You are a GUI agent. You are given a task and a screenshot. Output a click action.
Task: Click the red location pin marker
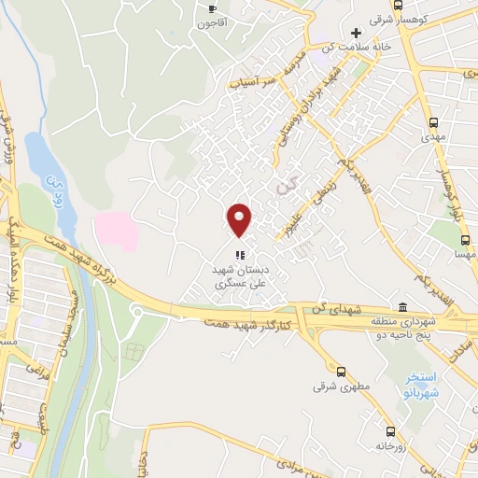click(x=240, y=220)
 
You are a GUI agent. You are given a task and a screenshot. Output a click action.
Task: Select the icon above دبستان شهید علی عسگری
click(x=240, y=253)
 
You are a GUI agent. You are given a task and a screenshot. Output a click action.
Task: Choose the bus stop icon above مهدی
click(x=434, y=122)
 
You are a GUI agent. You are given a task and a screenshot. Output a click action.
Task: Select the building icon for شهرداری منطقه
click(x=402, y=308)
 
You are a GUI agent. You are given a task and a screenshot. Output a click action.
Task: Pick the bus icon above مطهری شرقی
click(x=340, y=371)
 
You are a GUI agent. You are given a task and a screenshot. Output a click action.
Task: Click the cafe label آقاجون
click(x=210, y=21)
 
